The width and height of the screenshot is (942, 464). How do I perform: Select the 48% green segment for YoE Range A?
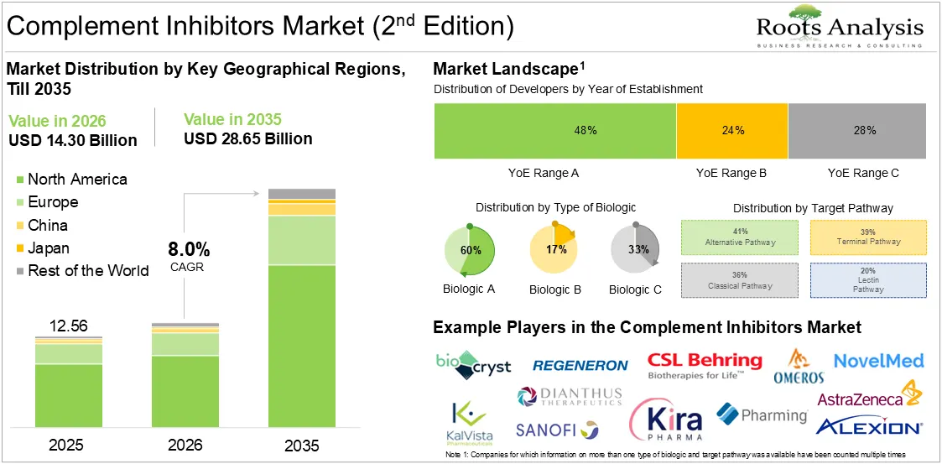click(x=555, y=130)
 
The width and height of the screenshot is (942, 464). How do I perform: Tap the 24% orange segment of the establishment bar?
click(x=732, y=130)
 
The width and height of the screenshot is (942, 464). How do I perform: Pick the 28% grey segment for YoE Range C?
click(x=864, y=130)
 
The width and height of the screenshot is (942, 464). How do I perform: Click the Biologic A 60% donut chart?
click(x=469, y=249)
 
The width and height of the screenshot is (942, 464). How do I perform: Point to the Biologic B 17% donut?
click(x=553, y=249)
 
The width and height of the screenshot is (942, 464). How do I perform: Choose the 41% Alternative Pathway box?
click(x=740, y=237)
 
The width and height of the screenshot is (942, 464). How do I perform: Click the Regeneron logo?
click(x=580, y=366)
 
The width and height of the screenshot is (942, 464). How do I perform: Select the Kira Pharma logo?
click(x=666, y=420)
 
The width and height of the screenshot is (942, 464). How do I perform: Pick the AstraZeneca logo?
click(x=869, y=395)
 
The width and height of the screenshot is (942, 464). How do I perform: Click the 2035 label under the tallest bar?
click(x=301, y=446)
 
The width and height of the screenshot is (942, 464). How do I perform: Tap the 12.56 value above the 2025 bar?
click(x=69, y=326)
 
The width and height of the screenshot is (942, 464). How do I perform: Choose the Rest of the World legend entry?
click(x=82, y=270)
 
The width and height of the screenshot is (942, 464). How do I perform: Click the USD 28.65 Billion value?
click(x=248, y=138)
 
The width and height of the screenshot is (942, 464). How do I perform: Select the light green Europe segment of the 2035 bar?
click(x=302, y=241)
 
